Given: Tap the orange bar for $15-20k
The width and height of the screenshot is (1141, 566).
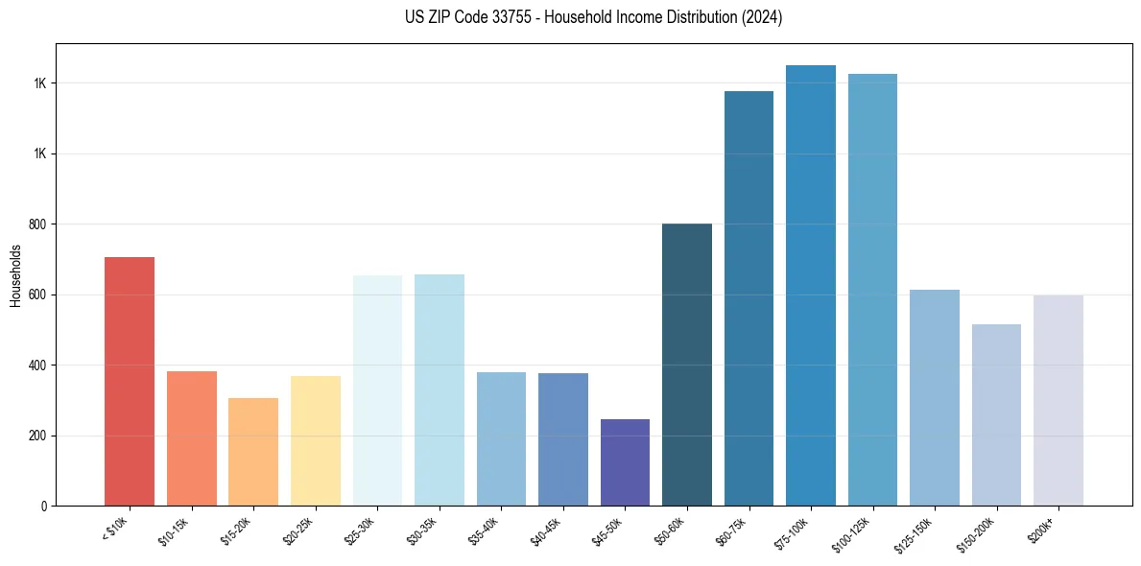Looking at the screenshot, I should coord(253,452).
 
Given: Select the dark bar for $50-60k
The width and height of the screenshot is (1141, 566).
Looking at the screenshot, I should coord(687,365).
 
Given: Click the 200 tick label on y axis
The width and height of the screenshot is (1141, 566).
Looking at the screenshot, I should coord(37,436).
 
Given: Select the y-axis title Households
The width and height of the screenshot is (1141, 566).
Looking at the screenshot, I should coord(15,275).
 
